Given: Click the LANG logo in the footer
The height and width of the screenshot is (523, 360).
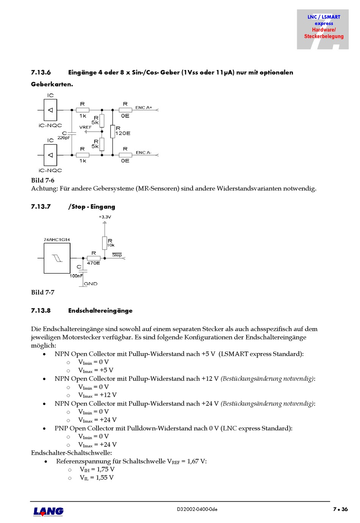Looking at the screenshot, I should (x=48, y=511).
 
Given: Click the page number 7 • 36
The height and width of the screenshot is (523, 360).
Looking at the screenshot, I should (x=340, y=509).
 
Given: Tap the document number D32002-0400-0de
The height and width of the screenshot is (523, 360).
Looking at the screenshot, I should (x=197, y=509).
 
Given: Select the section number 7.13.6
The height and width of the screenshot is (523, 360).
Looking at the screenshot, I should (x=41, y=72).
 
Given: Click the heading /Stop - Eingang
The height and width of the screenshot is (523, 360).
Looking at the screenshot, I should (x=92, y=207).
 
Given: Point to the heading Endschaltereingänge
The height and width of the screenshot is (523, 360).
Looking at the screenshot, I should (x=100, y=311).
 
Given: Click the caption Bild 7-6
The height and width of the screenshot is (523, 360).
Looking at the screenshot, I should (x=43, y=181).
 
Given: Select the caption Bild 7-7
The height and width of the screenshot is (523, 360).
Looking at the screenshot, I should (x=43, y=292).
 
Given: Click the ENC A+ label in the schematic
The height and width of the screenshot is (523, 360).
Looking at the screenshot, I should (x=144, y=108).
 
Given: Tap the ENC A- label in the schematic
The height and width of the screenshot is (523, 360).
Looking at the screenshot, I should (x=143, y=152).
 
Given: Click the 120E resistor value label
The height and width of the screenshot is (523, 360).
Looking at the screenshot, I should (x=123, y=133).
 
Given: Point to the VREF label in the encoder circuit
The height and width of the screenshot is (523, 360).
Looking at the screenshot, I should (x=85, y=127).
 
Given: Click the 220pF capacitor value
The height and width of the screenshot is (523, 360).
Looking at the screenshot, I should (x=64, y=138).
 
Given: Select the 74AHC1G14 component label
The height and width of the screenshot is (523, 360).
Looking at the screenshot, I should (x=57, y=240).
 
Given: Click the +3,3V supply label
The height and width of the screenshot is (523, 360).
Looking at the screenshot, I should (x=105, y=217).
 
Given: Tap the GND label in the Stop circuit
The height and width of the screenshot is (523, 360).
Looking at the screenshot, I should (x=91, y=284).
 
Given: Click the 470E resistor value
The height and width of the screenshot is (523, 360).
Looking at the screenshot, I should (x=94, y=263).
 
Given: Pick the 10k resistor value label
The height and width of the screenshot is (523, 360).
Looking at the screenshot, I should (x=111, y=245).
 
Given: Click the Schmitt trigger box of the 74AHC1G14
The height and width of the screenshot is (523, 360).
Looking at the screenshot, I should (x=57, y=258).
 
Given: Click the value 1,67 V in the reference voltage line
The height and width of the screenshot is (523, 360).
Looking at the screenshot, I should (x=196, y=461).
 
